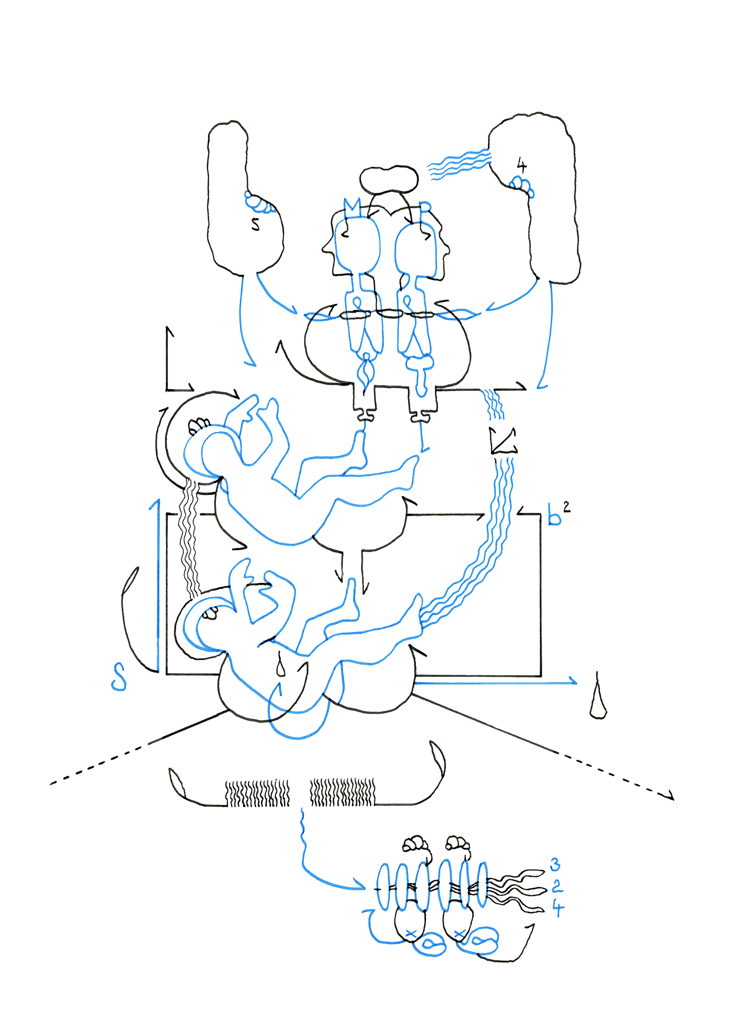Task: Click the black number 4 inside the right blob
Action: click(522, 166)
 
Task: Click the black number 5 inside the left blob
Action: click(255, 224)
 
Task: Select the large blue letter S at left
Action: click(119, 677)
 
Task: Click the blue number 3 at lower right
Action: click(555, 864)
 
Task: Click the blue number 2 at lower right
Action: click(557, 887)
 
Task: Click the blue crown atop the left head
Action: click(352, 207)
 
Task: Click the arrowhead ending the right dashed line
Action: click(670, 797)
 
